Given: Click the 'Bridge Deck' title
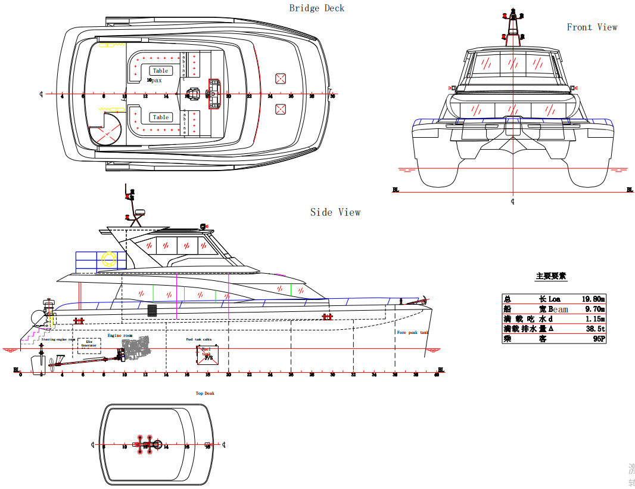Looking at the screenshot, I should [316, 8].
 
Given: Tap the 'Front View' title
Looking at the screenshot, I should [592, 27].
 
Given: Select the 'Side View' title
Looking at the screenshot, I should [335, 212].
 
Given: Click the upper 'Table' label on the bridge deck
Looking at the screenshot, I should [160, 71].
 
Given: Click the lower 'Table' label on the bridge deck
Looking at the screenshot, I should [160, 117].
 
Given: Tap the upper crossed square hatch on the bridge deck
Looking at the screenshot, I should [281, 78].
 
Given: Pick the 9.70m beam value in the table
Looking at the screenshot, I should [594, 309].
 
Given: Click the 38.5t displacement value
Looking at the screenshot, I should [595, 329].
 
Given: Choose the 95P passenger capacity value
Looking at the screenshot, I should [599, 339].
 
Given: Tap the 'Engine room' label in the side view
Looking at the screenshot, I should [120, 336].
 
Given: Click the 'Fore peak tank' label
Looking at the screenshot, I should [413, 333].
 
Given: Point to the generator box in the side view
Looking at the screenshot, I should [89, 345].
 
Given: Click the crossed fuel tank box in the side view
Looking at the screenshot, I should [207, 355].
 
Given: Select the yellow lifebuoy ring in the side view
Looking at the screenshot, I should [109, 259].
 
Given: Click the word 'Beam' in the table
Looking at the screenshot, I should [558, 309].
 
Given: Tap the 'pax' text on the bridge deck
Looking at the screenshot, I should [156, 80].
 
